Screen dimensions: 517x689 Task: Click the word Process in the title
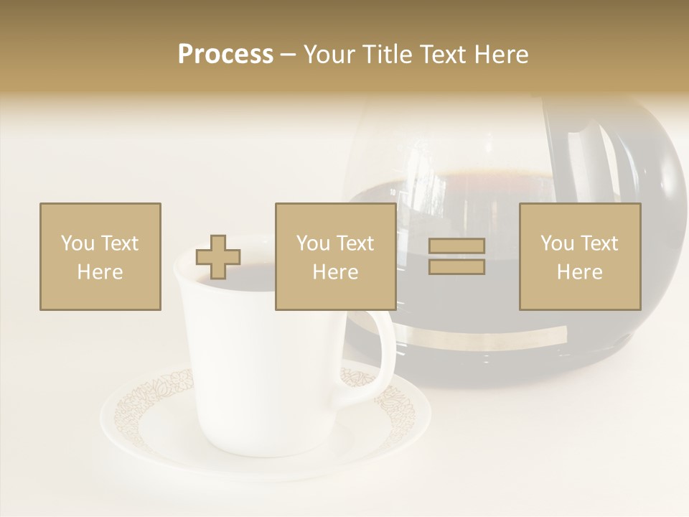pyautogui.click(x=225, y=55)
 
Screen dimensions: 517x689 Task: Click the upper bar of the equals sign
pyautogui.click(x=457, y=246)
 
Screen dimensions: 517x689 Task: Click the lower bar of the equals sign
pyautogui.click(x=457, y=267)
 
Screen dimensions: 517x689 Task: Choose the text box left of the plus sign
pyautogui.click(x=100, y=256)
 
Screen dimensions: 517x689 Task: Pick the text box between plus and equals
pyautogui.click(x=335, y=256)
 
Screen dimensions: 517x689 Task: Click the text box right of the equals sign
pyautogui.click(x=579, y=256)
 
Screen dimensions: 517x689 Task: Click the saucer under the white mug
pyautogui.click(x=266, y=431)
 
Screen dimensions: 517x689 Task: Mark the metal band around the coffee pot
pyautogui.click(x=488, y=338)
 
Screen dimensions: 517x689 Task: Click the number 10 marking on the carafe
pyautogui.click(x=393, y=192)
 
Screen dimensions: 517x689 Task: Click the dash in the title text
pyautogui.click(x=289, y=55)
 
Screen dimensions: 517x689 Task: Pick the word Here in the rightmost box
pyautogui.click(x=579, y=272)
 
